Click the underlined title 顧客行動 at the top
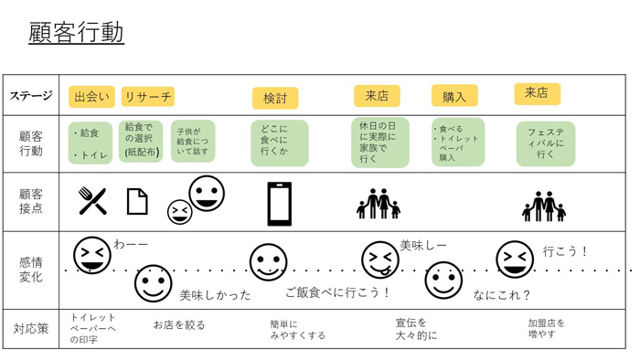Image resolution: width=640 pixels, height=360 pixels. click(76, 33)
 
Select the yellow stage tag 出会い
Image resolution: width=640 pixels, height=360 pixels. click(91, 96)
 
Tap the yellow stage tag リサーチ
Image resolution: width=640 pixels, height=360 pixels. click(147, 96)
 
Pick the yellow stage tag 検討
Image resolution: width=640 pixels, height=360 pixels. click(274, 98)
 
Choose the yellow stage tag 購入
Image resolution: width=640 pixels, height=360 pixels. click(454, 96)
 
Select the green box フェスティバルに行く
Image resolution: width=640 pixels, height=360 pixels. click(546, 143)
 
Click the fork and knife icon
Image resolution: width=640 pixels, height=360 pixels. click(91, 200)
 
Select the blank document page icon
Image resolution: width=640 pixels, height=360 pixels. click(136, 201)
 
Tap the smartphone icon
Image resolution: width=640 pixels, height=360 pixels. click(280, 203)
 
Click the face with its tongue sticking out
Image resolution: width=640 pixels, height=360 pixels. click(379, 259)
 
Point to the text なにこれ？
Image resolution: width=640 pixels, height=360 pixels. click(502, 295)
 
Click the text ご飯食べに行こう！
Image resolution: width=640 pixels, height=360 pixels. click(337, 292)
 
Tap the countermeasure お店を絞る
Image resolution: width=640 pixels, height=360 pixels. click(178, 324)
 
